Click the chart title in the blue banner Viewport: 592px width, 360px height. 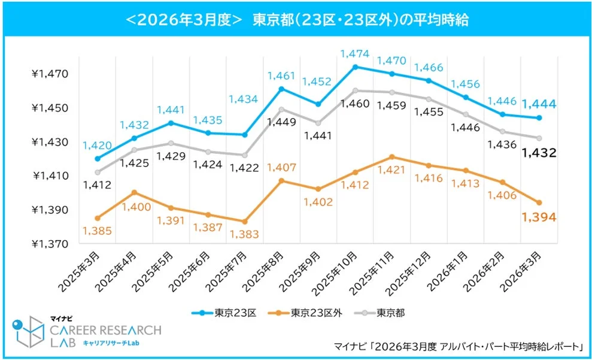[296, 19]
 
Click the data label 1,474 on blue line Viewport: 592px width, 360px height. [355, 54]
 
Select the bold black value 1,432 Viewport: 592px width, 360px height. [539, 153]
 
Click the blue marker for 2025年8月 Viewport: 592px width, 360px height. [281, 89]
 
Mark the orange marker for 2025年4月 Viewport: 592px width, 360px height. [133, 192]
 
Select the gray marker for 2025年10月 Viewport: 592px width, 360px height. [355, 90]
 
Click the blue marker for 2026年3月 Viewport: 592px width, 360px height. [539, 118]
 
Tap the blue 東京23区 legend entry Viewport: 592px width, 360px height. [224, 312]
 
